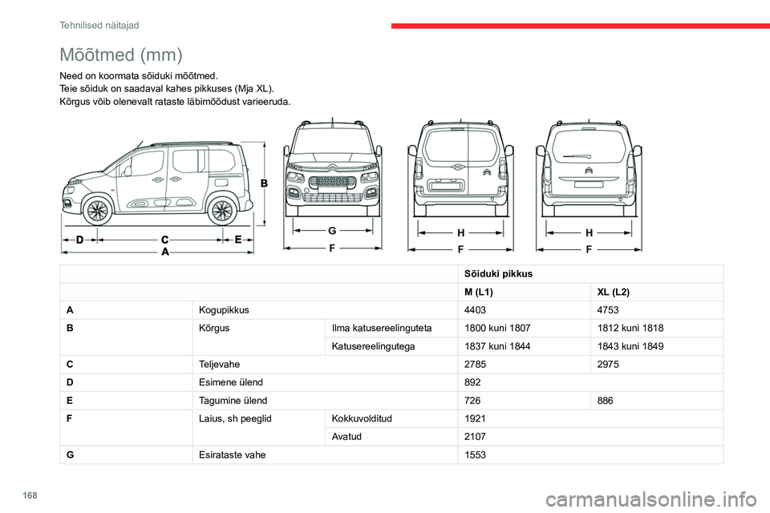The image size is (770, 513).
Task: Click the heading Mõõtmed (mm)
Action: pos(121,55)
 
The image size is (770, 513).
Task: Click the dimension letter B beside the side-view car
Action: pos(265,183)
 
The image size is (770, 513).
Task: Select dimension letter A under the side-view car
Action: pos(164,251)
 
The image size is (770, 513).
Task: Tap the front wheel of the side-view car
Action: pos(97,212)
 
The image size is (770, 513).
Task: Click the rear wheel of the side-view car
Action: pos(221,212)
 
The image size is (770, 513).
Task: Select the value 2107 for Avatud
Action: pos(475,437)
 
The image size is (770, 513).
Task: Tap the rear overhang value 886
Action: pos(606,399)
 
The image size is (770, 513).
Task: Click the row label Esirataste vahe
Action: pos(233,454)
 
